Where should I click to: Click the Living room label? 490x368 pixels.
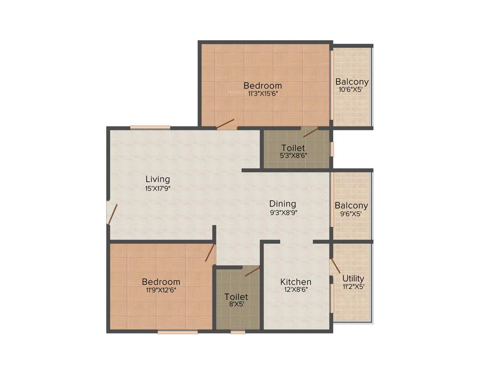point(158,179)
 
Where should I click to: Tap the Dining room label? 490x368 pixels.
point(282,204)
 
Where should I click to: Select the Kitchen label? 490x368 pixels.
point(296,282)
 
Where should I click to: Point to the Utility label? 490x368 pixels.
point(353,278)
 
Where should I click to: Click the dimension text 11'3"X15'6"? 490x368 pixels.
point(263,94)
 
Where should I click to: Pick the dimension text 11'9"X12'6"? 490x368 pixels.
point(161,290)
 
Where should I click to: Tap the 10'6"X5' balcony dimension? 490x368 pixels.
point(352,90)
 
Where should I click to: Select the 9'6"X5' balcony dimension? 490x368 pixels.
point(351,214)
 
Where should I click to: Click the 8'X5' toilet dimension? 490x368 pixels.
point(236,304)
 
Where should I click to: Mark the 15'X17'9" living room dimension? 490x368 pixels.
point(158,188)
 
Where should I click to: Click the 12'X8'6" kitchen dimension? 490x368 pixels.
point(296,289)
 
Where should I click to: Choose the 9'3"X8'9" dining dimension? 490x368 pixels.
point(283,212)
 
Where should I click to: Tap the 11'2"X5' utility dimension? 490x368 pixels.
point(353,287)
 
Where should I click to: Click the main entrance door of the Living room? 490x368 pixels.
point(112,214)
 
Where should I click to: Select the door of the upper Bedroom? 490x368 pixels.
point(225,124)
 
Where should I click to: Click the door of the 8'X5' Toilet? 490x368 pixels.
point(252,272)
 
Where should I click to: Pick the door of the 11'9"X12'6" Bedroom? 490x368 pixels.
point(210,253)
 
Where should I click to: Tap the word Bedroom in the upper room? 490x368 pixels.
point(263,86)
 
